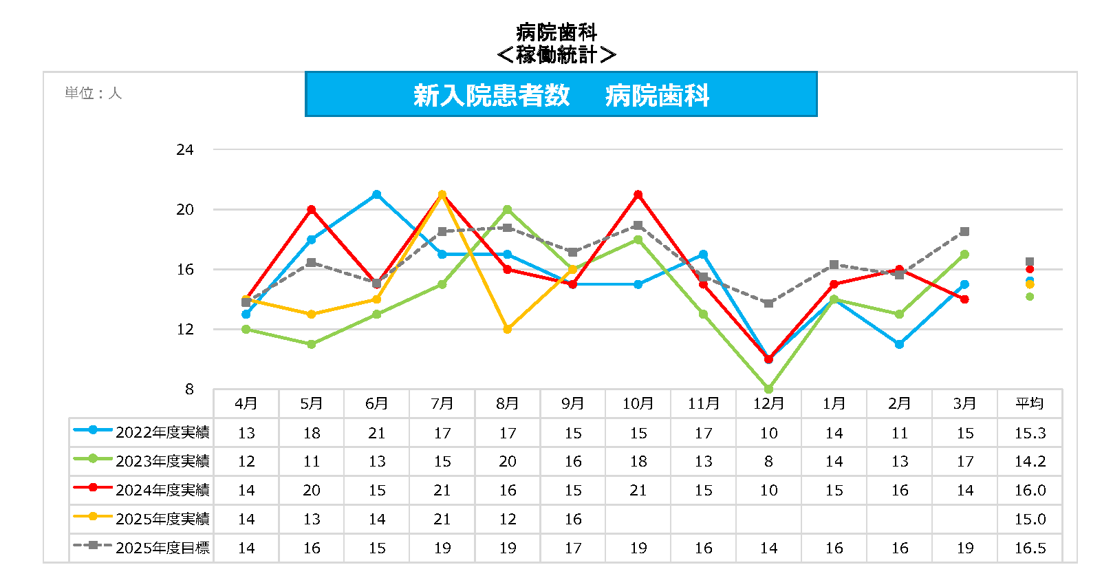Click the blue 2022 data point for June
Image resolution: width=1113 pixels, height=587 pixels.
[x=377, y=195]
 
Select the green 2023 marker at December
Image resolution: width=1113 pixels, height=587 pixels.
[x=769, y=389]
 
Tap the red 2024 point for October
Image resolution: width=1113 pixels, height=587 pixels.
[x=638, y=195]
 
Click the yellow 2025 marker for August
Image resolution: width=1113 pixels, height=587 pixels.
[x=508, y=330]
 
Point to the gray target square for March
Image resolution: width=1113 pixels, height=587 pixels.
[x=965, y=232]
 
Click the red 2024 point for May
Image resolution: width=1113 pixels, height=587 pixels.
[x=312, y=209]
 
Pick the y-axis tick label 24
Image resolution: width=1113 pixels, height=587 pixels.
[x=184, y=149]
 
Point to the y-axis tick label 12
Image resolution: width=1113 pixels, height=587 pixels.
[x=184, y=329]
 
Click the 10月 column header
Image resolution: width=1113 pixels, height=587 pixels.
[x=638, y=403]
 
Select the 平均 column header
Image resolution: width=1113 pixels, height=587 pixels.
[x=1030, y=403]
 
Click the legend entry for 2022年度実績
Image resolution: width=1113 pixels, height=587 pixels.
[x=162, y=432]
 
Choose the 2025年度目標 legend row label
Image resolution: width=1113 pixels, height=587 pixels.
[x=162, y=548]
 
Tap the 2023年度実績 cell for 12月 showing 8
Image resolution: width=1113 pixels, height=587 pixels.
[x=769, y=461]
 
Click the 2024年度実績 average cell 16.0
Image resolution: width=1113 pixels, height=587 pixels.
[x=1030, y=490]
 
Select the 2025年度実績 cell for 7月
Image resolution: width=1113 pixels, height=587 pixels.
[x=442, y=519]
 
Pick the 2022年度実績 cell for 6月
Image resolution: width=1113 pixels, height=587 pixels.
[x=377, y=433]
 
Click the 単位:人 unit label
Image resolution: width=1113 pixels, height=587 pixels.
[x=93, y=93]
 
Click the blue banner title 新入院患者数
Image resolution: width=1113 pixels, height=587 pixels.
[x=491, y=95]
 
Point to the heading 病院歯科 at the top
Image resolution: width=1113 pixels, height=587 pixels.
[x=556, y=32]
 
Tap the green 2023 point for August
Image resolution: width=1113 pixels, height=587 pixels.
[x=508, y=209]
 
